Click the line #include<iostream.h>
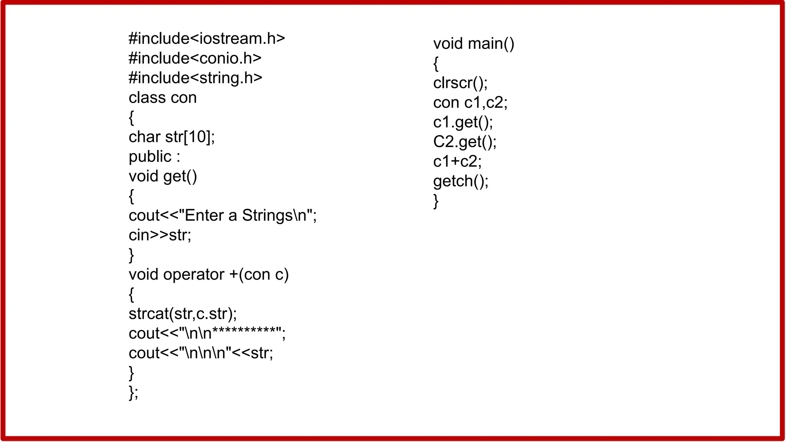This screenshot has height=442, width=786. coord(206,39)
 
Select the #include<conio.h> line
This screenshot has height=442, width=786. coord(195,58)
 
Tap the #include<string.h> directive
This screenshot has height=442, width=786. coord(195,78)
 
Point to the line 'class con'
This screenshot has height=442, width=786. coord(162,98)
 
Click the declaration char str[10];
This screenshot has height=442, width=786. coord(172,137)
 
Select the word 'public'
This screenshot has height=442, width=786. coord(150,157)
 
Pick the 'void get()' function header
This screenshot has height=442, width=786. coord(163,176)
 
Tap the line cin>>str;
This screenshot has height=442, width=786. coord(160,235)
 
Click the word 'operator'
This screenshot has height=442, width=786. coord(194,275)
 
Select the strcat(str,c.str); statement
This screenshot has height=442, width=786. coord(183,314)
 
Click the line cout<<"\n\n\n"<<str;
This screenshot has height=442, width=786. coord(201,353)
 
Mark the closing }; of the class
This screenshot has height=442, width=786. coord(133,393)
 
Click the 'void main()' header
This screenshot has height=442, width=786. coord(474,44)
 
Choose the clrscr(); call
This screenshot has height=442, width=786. coord(460,83)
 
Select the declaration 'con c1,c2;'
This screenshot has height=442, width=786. coord(470,103)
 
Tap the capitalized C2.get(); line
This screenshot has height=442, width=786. coord(465,142)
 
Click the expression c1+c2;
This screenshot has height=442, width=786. coord(457,162)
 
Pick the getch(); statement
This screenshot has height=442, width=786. coord(461,181)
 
